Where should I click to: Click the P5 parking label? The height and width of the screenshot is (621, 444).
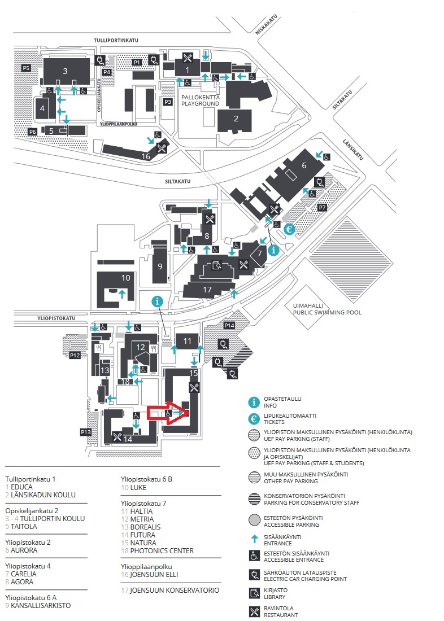click(26, 68)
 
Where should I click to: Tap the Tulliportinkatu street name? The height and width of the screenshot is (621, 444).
click(116, 41)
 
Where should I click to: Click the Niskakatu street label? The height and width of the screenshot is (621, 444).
click(267, 24)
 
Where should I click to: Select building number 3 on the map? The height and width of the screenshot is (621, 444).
click(66, 71)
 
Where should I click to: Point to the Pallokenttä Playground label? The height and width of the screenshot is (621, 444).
click(200, 100)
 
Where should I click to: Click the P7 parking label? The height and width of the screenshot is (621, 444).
click(323, 207)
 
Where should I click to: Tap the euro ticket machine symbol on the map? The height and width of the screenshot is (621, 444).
click(289, 229)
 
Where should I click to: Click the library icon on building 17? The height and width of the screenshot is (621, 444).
click(216, 265)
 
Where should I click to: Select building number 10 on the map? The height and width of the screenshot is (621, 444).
click(125, 278)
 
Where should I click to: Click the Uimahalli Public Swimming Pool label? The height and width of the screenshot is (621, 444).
click(327, 309)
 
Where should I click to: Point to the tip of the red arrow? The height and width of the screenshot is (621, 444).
click(189, 413)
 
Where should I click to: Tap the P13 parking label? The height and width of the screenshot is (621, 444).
click(86, 432)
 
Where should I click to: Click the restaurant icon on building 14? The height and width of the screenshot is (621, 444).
click(117, 436)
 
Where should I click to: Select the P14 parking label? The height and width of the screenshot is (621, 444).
click(229, 325)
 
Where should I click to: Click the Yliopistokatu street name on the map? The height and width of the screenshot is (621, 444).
click(56, 318)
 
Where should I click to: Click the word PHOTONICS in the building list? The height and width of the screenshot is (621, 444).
click(149, 550)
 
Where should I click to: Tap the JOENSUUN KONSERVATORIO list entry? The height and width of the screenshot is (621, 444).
click(170, 590)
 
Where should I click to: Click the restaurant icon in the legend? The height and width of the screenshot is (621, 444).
click(254, 611)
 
